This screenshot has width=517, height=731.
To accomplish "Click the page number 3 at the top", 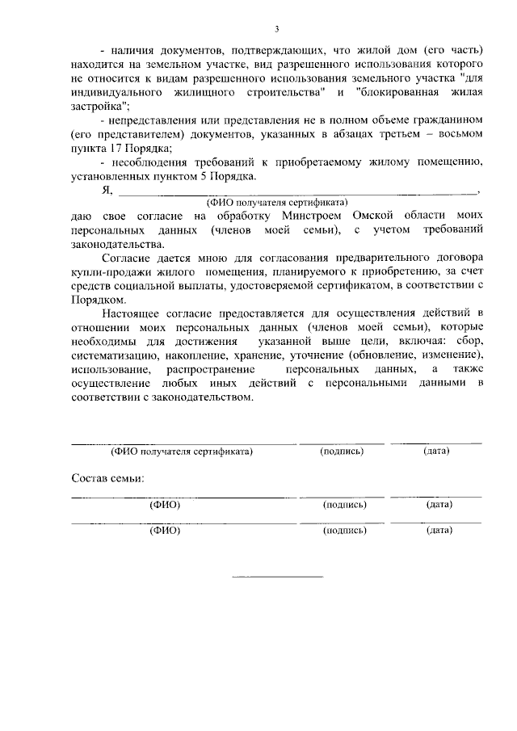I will (x=276, y=29).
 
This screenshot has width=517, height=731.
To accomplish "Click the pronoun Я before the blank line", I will (x=106, y=190).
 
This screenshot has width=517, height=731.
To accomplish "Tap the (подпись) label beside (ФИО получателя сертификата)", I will (x=342, y=452).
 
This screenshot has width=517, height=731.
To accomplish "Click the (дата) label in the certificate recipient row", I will (x=436, y=451).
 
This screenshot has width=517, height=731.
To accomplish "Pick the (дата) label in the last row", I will (x=439, y=531).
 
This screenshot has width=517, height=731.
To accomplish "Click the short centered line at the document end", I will (x=277, y=576).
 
